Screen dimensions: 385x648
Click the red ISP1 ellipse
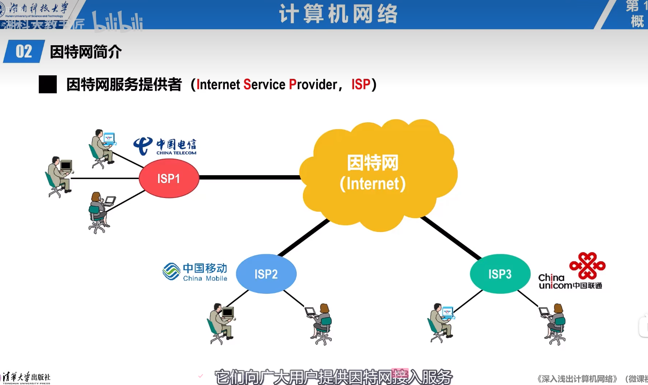pyautogui.click(x=169, y=178)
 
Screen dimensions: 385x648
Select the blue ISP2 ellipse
pyautogui.click(x=266, y=274)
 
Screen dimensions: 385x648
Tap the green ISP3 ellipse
pyautogui.click(x=500, y=274)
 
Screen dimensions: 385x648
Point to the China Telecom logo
pyautogui.click(x=165, y=146)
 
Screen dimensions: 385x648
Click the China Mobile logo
pyautogui.click(x=195, y=272)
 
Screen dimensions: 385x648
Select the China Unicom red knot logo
pyautogui.click(x=587, y=266)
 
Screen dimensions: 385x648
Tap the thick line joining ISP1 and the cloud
pyautogui.click(x=250, y=177)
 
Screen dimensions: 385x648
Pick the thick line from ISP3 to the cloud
pyautogui.click(x=451, y=237)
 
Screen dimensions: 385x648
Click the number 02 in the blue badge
pyautogui.click(x=24, y=52)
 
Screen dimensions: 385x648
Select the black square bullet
pyautogui.click(x=48, y=84)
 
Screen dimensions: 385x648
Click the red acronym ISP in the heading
pyautogui.click(x=361, y=85)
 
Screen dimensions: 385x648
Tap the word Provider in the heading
pyautogui.click(x=313, y=85)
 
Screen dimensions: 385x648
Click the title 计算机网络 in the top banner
pyautogui.click(x=338, y=14)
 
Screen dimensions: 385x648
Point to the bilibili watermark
pyautogui.click(x=118, y=22)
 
